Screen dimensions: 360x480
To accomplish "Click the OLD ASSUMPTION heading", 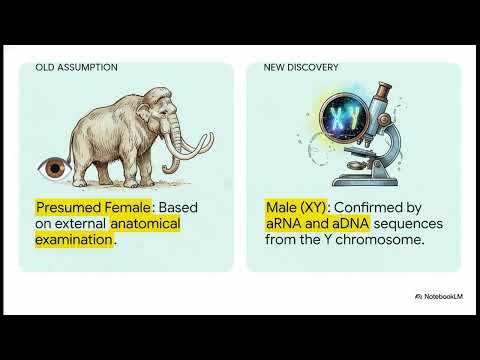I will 76,68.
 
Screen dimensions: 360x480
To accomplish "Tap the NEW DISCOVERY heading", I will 301,68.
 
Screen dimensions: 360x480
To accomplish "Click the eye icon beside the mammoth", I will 48,166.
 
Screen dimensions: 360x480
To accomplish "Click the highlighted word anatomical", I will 146,223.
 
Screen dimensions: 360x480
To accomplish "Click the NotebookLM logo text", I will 441,297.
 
